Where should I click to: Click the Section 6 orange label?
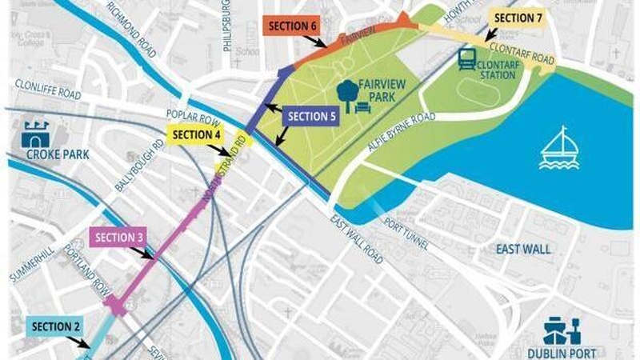coord(293,26)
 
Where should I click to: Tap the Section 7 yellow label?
coord(519,18)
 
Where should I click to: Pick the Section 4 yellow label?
coord(196,134)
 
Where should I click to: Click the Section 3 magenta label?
coord(119,237)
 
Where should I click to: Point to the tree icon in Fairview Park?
coord(348,94)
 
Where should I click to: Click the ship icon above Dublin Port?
coord(562,331)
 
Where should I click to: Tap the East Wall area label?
coord(523,250)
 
